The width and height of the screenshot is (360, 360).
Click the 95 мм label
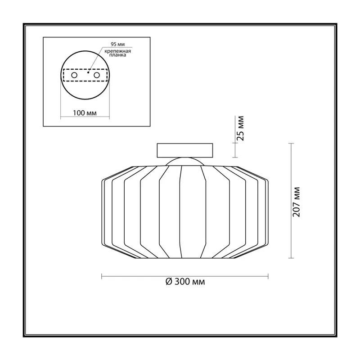tap(118, 44)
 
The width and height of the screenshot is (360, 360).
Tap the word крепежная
tap(118, 51)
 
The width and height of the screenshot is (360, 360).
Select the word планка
tap(118, 55)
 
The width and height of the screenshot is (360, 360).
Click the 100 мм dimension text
tap(85, 113)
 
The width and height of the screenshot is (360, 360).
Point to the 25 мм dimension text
tap(240, 129)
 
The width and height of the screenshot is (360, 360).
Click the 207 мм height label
tap(297, 202)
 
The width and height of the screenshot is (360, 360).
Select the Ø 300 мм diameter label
tap(185, 282)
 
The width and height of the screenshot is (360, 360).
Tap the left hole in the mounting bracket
tap(74, 75)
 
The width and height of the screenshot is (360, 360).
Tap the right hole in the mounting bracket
tap(97, 75)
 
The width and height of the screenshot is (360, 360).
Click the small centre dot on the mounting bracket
tap(88, 72)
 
